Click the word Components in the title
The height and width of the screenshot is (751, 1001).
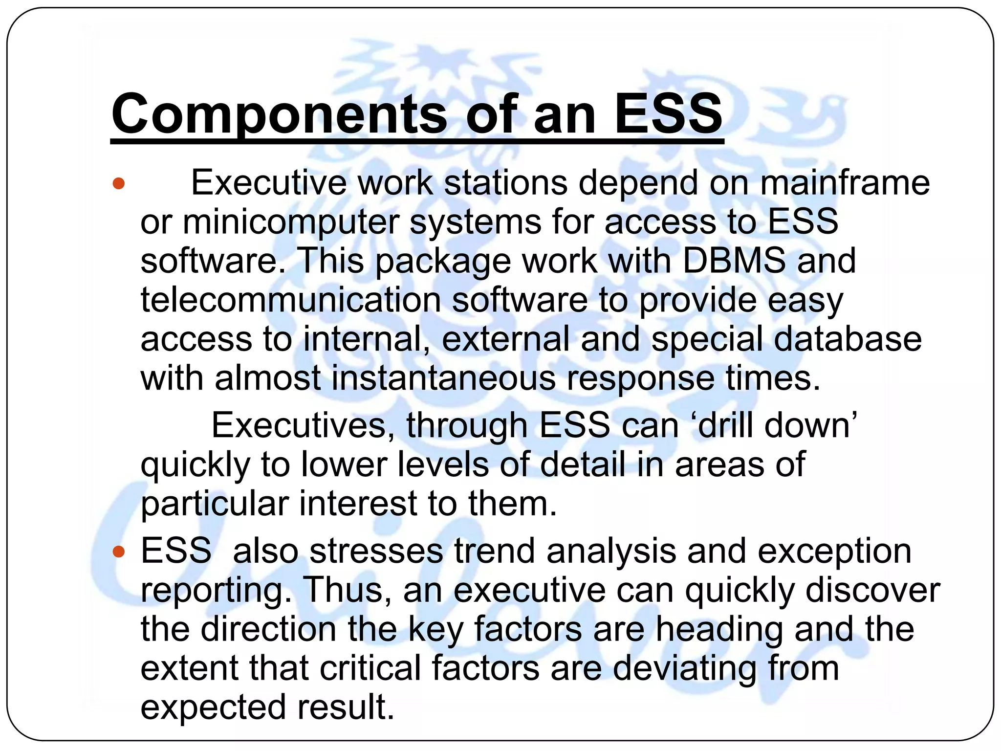279,114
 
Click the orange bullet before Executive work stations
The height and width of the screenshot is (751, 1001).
119,184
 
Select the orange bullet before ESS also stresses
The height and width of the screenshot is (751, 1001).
119,552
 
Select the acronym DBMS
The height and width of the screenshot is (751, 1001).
734,260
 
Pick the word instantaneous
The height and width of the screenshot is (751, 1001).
443,378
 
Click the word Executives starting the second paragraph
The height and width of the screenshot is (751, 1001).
303,425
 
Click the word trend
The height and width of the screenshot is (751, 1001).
495,552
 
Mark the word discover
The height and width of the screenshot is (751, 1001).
872,591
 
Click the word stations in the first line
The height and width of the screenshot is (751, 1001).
506,183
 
